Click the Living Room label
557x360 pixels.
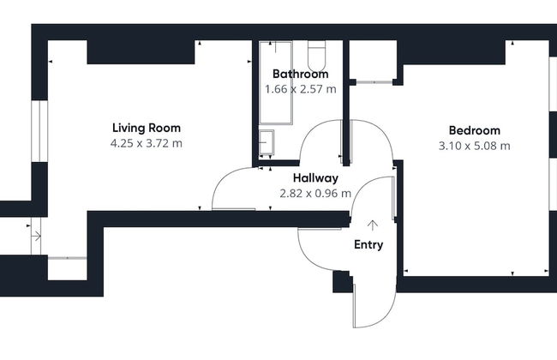tap(147, 128)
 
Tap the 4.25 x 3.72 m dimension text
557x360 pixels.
tap(147, 143)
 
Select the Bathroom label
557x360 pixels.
tap(301, 74)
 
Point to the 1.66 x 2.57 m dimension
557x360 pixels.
tap(301, 89)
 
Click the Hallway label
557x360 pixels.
tap(315, 178)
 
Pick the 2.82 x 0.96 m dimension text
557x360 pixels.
tap(315, 194)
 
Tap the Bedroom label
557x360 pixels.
tap(475, 130)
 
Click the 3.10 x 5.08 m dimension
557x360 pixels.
tap(475, 146)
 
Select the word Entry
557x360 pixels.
tap(368, 245)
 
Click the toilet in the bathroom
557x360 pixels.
tap(316, 56)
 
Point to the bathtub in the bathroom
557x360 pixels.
tap(276, 83)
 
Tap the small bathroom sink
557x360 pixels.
tap(267, 142)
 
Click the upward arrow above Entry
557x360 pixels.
tap(372, 225)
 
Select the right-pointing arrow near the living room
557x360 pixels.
tap(36, 236)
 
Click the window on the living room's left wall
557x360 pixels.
tap(39, 131)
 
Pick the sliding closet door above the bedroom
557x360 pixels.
tap(374, 82)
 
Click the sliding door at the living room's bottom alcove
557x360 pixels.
tap(67, 258)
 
